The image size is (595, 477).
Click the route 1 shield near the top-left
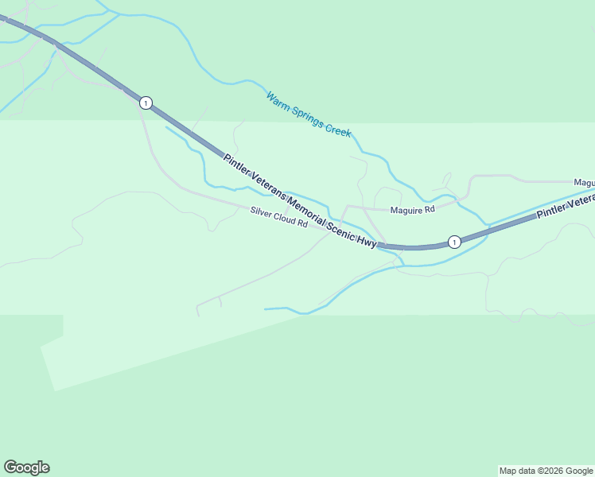(x=145, y=103)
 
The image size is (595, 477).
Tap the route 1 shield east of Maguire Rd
(x=453, y=242)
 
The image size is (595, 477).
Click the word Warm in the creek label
(x=278, y=102)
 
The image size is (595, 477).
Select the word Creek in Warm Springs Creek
(x=338, y=131)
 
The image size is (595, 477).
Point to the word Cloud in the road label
(x=286, y=218)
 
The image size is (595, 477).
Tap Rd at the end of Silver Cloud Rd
(x=302, y=223)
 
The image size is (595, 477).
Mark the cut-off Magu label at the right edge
(x=584, y=183)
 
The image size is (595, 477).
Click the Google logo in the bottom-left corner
(x=26, y=467)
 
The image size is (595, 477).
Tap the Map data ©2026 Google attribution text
(x=546, y=471)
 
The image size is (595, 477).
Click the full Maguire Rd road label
(x=412, y=210)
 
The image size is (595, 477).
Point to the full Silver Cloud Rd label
(x=278, y=217)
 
